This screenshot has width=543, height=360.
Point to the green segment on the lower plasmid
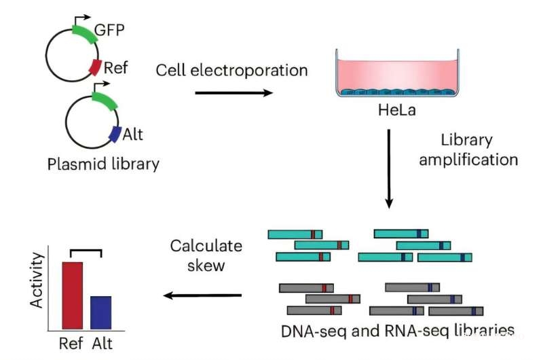[104, 102]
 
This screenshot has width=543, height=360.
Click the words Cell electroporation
[231, 70]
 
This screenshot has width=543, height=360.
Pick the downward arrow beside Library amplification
[389, 166]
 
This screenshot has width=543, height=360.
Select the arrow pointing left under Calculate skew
[203, 295]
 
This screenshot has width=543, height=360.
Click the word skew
[206, 266]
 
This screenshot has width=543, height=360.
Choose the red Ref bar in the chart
[73, 296]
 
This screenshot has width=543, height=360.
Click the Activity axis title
[38, 280]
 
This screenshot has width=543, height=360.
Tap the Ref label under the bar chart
[72, 343]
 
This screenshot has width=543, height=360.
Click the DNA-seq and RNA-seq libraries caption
[398, 331]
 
